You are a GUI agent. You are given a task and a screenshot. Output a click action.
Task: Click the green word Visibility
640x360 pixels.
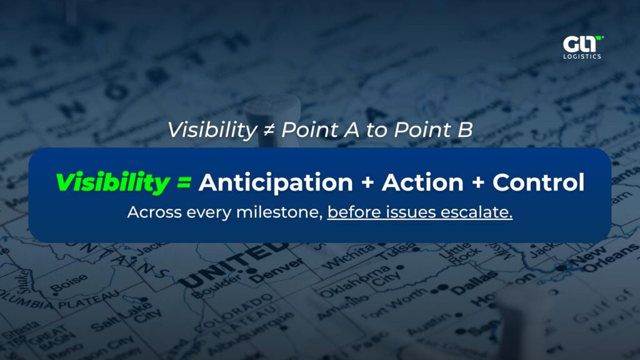(112, 182)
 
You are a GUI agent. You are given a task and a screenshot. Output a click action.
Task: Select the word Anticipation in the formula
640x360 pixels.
(276, 182)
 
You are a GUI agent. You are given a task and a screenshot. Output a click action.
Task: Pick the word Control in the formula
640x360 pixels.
(538, 182)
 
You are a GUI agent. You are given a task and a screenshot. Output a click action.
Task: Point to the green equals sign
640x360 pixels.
(182, 183)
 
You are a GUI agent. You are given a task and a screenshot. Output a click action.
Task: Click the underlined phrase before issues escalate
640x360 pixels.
(419, 212)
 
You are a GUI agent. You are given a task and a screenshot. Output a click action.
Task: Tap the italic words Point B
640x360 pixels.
(443, 130)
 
